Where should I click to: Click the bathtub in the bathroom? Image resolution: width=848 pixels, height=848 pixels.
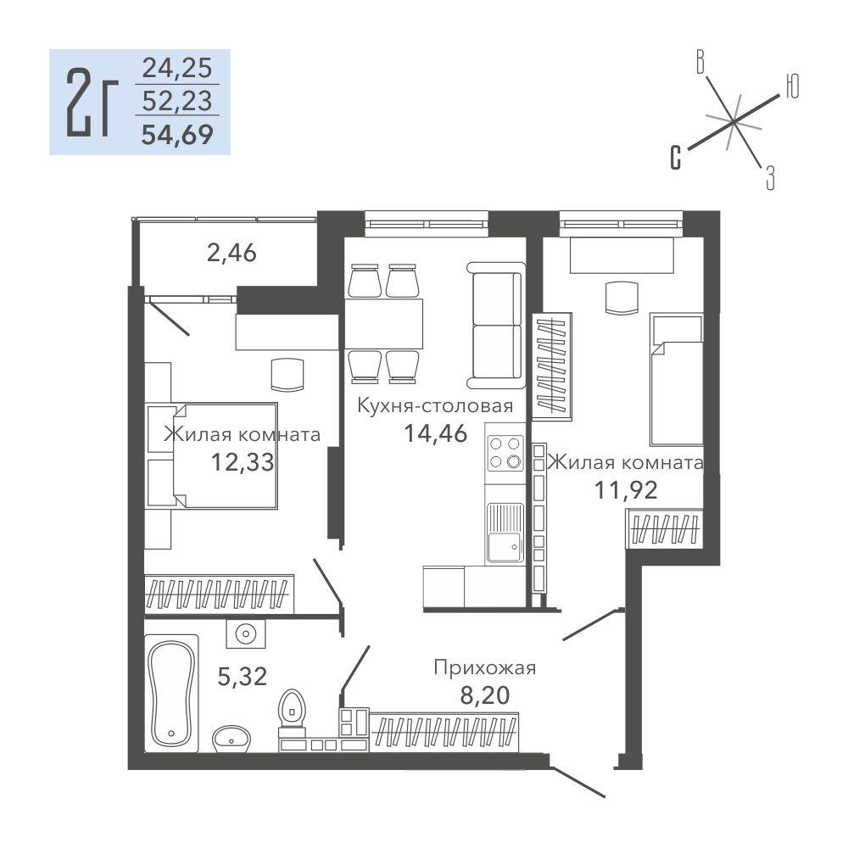(171, 693)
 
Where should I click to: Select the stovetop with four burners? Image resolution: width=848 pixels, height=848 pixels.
(505, 453)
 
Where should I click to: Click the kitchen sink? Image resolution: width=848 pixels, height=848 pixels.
(505, 533)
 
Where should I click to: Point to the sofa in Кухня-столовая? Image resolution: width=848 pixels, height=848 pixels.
(496, 325)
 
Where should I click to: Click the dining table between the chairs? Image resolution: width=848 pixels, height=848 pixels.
(384, 323)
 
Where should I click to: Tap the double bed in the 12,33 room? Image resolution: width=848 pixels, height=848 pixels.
(225, 455)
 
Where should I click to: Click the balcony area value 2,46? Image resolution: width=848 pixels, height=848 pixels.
(232, 253)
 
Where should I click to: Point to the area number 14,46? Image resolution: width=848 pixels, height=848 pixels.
(436, 432)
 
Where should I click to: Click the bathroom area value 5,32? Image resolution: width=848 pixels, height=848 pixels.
(243, 676)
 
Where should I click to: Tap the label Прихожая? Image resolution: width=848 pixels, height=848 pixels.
(484, 668)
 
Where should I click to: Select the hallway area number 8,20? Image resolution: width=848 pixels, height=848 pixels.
(484, 695)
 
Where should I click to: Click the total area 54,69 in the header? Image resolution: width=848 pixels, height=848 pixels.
(177, 134)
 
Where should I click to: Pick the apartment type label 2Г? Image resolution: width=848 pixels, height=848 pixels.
(92, 103)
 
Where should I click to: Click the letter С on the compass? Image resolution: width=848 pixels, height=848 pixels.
(675, 158)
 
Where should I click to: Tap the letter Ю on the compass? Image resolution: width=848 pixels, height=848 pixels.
(792, 86)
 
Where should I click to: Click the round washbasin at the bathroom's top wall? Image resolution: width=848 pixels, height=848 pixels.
(246, 633)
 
